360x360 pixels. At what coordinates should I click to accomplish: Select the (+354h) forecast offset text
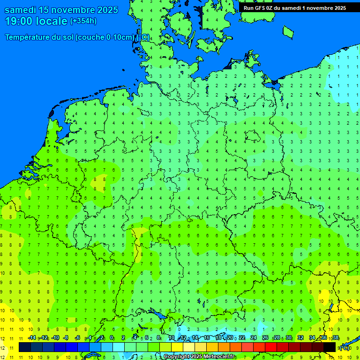pyautogui.click(x=83, y=21)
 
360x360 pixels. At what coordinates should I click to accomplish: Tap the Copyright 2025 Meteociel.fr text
pyautogui.click(x=199, y=357)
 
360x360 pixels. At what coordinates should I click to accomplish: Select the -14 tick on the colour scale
pyautogui.click(x=31, y=338)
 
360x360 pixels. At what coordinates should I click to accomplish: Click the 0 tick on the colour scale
pyautogui.click(x=112, y=338)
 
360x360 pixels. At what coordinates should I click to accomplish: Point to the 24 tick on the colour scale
pyautogui.click(x=254, y=338)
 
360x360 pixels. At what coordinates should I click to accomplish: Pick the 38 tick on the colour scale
pyautogui.click(x=335, y=338)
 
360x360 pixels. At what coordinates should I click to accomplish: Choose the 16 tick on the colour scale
pyautogui.click(x=207, y=338)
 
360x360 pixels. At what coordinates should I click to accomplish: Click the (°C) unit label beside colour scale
pyautogui.click(x=345, y=347)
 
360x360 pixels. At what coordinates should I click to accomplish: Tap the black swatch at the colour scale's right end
pyautogui.click(x=330, y=347)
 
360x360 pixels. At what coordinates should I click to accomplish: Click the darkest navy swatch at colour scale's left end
pyautogui.click(x=25, y=347)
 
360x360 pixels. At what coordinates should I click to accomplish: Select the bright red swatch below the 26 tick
pyautogui.click(x=271, y=347)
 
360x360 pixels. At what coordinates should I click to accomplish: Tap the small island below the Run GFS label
pyautogui.click(x=288, y=31)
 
